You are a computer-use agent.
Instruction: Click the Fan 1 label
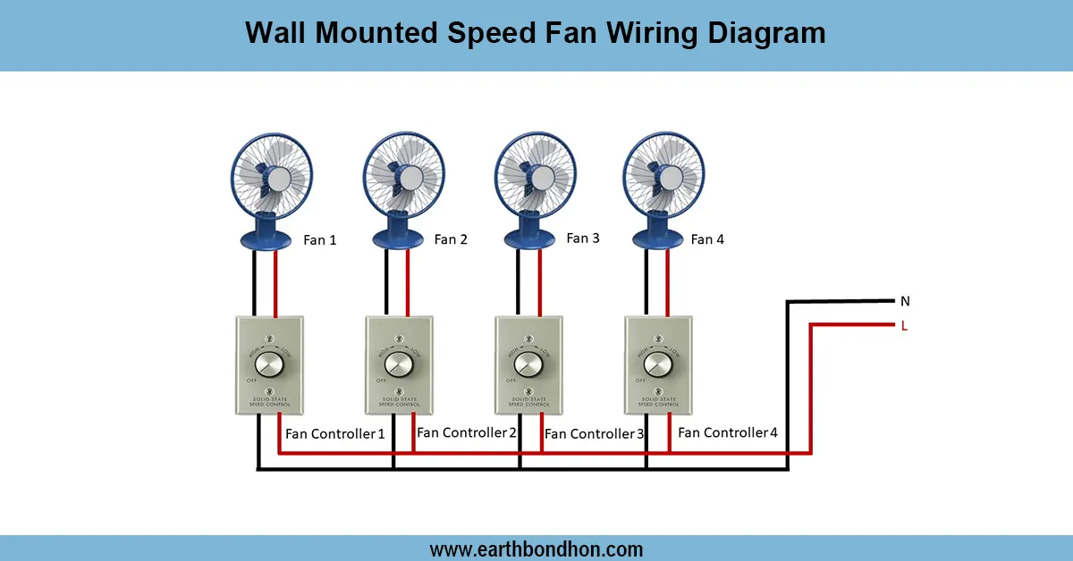coord(320,240)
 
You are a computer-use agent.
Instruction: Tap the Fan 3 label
coord(583,239)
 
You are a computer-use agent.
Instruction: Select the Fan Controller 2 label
coord(467,432)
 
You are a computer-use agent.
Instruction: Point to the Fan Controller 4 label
coord(728,432)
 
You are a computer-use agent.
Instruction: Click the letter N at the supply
coord(905,302)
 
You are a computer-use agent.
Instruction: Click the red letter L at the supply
coord(904,326)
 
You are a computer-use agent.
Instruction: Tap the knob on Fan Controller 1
coord(269,364)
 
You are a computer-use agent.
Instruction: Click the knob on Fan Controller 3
coord(528,364)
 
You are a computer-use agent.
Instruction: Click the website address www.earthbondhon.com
coord(536,548)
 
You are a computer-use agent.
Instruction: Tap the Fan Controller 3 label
coord(595,433)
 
